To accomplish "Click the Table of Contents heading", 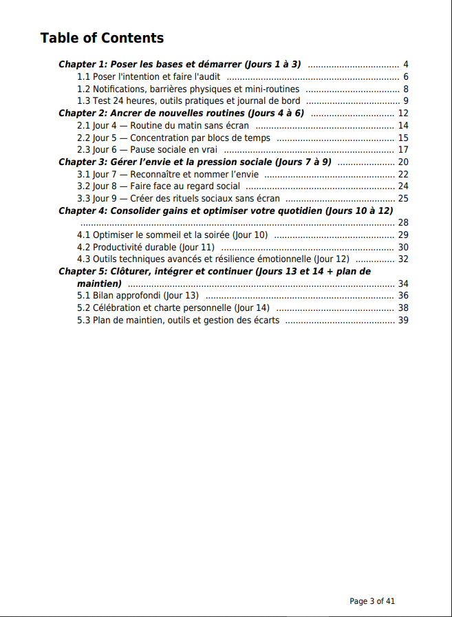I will [x=102, y=38].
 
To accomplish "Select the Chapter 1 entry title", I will [x=180, y=64].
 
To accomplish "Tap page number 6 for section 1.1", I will [x=406, y=77].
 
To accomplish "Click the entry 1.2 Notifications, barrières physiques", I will [x=188, y=89].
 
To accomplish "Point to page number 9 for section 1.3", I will [x=406, y=101].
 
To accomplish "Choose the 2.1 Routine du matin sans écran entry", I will [x=162, y=125].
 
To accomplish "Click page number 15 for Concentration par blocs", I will [x=403, y=138].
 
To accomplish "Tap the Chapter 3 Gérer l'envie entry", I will [x=195, y=162].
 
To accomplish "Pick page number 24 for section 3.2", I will [x=403, y=186].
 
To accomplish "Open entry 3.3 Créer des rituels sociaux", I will [x=178, y=198].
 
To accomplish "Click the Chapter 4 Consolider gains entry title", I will [x=226, y=210].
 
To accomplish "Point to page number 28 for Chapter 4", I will [x=403, y=222].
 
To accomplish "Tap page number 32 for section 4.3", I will [x=403, y=259].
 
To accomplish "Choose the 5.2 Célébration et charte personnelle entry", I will [x=173, y=307].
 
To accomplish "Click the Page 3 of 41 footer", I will [x=372, y=600].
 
